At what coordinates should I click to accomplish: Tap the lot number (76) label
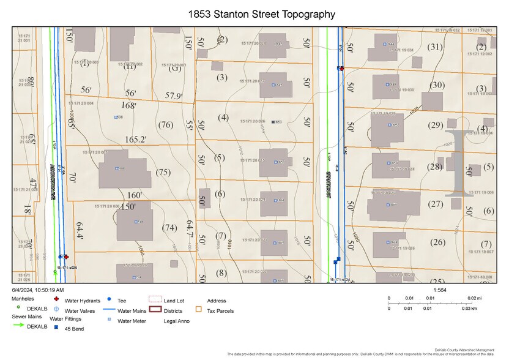click(x=165, y=125)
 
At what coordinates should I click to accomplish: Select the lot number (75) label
click(x=162, y=173)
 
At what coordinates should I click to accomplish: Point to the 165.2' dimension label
click(x=135, y=140)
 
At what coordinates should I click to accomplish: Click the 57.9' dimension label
click(x=174, y=96)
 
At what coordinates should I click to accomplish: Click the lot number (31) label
click(x=435, y=47)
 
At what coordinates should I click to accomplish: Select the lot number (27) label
click(x=435, y=204)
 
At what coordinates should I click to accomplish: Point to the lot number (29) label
click(x=435, y=125)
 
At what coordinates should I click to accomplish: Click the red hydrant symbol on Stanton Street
click(x=341, y=69)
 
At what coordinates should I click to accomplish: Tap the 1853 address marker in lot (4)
click(x=277, y=122)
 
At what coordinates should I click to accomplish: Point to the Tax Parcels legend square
click(x=198, y=310)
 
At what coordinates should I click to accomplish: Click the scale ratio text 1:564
click(x=439, y=290)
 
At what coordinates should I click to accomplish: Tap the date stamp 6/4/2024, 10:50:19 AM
click(x=38, y=290)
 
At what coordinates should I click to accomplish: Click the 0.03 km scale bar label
click(x=468, y=308)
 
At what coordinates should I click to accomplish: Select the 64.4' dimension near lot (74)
click(x=80, y=230)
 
